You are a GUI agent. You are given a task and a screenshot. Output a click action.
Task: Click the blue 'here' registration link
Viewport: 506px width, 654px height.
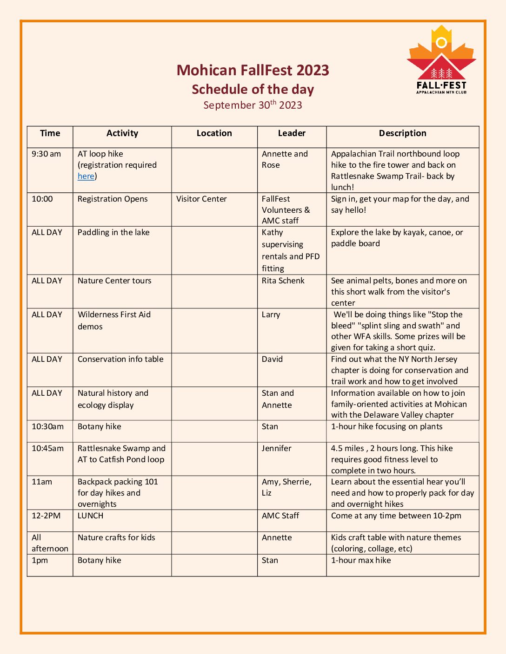tap(86, 176)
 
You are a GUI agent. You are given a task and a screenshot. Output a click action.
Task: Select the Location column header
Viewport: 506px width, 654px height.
tap(214, 133)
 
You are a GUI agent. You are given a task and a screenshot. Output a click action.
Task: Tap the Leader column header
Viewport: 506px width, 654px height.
tap(292, 133)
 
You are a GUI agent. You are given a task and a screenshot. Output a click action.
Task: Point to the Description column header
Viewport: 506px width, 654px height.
tap(402, 133)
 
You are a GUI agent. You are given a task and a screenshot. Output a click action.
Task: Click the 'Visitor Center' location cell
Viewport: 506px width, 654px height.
tap(201, 199)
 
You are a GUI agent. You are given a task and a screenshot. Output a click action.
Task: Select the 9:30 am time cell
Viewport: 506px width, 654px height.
tap(46, 154)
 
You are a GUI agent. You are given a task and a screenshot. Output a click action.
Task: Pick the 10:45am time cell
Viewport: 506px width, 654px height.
tap(47, 448)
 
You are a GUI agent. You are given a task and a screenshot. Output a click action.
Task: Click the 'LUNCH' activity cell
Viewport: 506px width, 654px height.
tap(91, 516)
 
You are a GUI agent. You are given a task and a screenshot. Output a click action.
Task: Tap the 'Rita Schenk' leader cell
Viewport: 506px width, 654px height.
tap(283, 281)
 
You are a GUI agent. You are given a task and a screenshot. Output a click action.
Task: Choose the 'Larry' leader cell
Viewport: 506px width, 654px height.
tap(271, 314)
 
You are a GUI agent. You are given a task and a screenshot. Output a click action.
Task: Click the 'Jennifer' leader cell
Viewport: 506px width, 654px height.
tap(276, 448)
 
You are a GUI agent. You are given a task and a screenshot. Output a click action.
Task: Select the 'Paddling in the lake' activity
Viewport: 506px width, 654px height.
tap(113, 232)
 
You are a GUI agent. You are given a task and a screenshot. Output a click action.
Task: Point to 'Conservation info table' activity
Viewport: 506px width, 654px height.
tap(120, 359)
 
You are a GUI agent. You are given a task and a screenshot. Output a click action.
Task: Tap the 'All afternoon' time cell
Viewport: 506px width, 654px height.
tap(49, 543)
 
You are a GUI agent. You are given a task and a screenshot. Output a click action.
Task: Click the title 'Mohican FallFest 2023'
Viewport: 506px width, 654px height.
tap(253, 70)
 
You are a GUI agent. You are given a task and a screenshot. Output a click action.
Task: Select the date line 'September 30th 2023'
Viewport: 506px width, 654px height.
tap(253, 105)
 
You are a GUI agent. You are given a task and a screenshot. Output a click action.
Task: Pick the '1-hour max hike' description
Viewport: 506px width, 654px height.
tap(361, 560)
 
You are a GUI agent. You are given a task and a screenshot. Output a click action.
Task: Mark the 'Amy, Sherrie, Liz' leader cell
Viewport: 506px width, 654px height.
tap(286, 487)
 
